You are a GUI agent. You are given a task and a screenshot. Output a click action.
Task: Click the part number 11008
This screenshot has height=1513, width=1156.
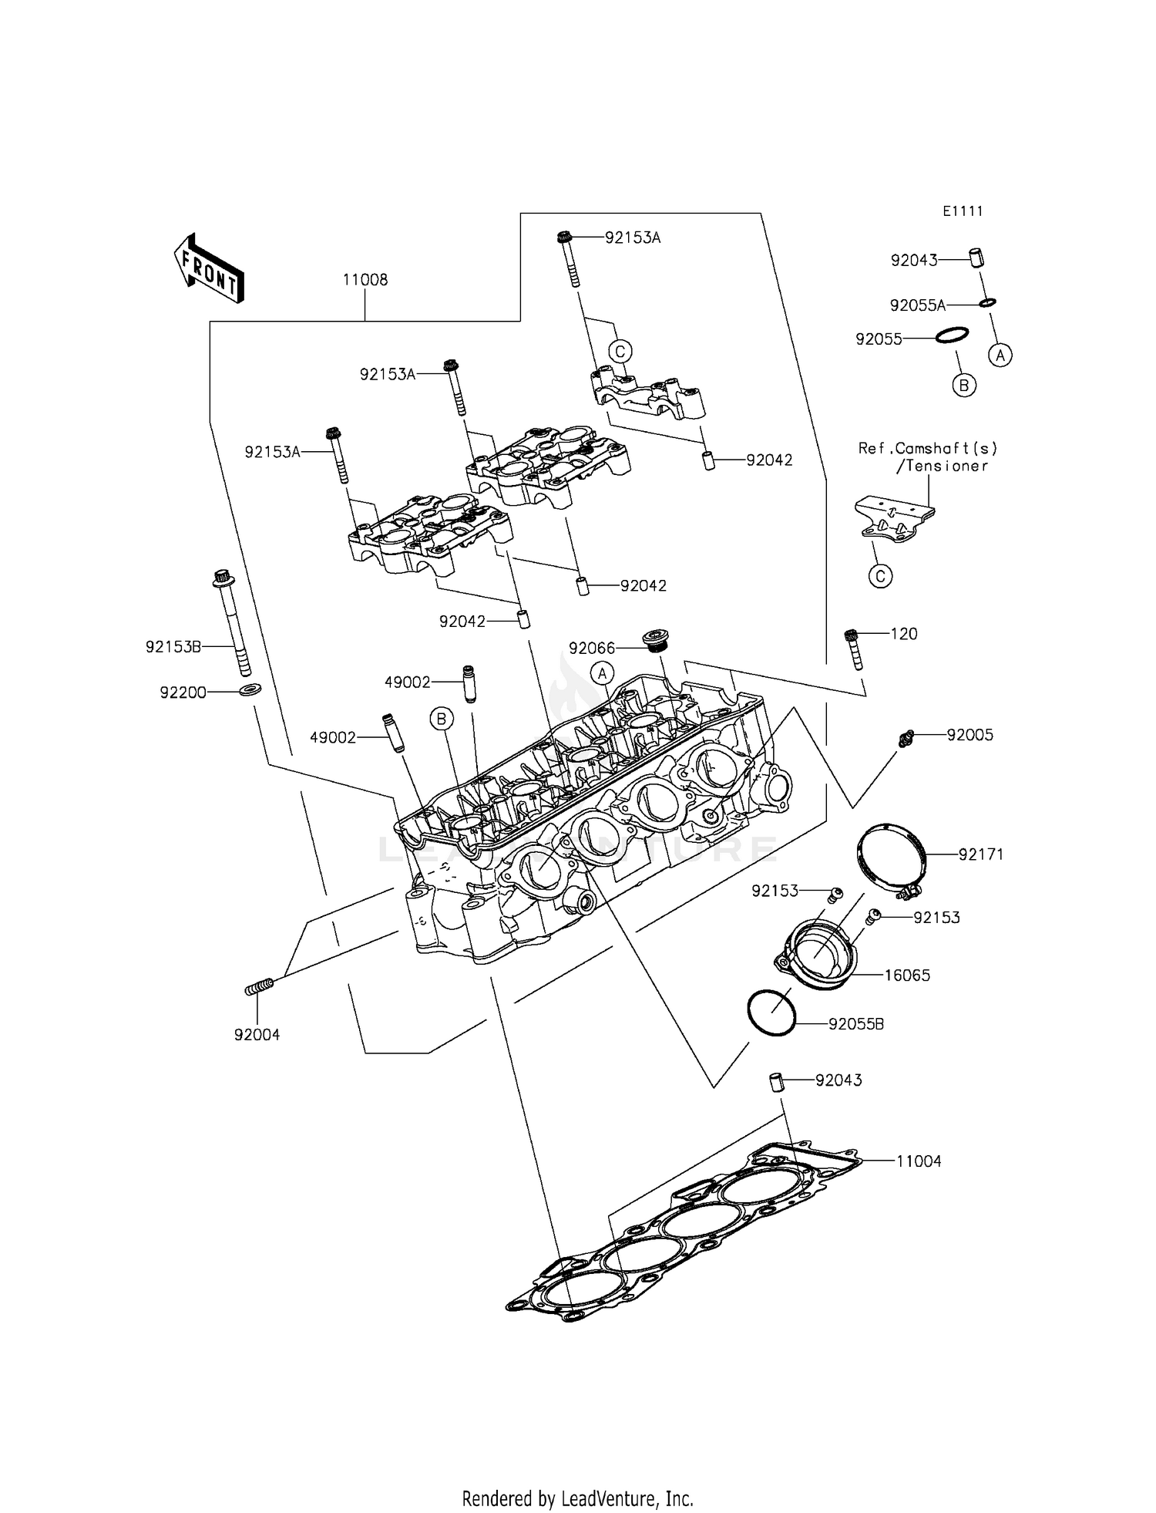point(365,280)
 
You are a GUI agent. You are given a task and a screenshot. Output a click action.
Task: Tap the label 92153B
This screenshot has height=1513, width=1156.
point(173,647)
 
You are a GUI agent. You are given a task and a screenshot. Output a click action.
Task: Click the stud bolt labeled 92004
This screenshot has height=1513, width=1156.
point(260,986)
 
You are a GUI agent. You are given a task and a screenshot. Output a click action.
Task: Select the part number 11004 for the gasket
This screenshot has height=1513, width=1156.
point(919,1161)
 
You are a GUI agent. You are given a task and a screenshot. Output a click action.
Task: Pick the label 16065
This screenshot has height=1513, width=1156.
point(906,976)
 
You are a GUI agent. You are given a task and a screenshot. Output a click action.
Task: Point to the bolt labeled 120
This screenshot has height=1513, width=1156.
point(853,648)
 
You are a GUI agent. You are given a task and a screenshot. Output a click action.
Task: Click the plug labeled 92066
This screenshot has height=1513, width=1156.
point(654,640)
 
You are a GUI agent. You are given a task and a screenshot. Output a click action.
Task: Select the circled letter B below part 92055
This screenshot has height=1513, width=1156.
point(964,385)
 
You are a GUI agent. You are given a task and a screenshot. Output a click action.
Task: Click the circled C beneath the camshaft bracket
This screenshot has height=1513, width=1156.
point(880,576)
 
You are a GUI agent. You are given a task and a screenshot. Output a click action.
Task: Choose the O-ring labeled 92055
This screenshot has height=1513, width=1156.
point(953,335)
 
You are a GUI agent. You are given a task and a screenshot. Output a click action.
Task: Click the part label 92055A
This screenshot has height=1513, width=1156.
point(917,305)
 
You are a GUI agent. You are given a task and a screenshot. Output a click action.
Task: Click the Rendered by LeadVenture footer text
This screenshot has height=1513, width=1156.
point(577,1498)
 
